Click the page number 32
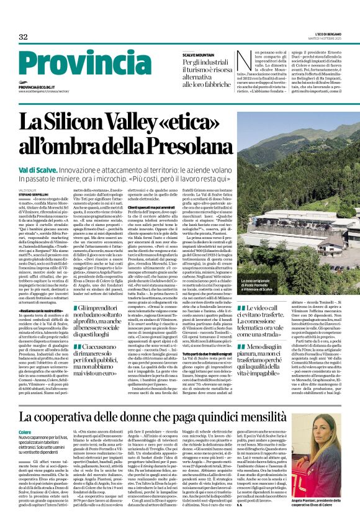24,37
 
